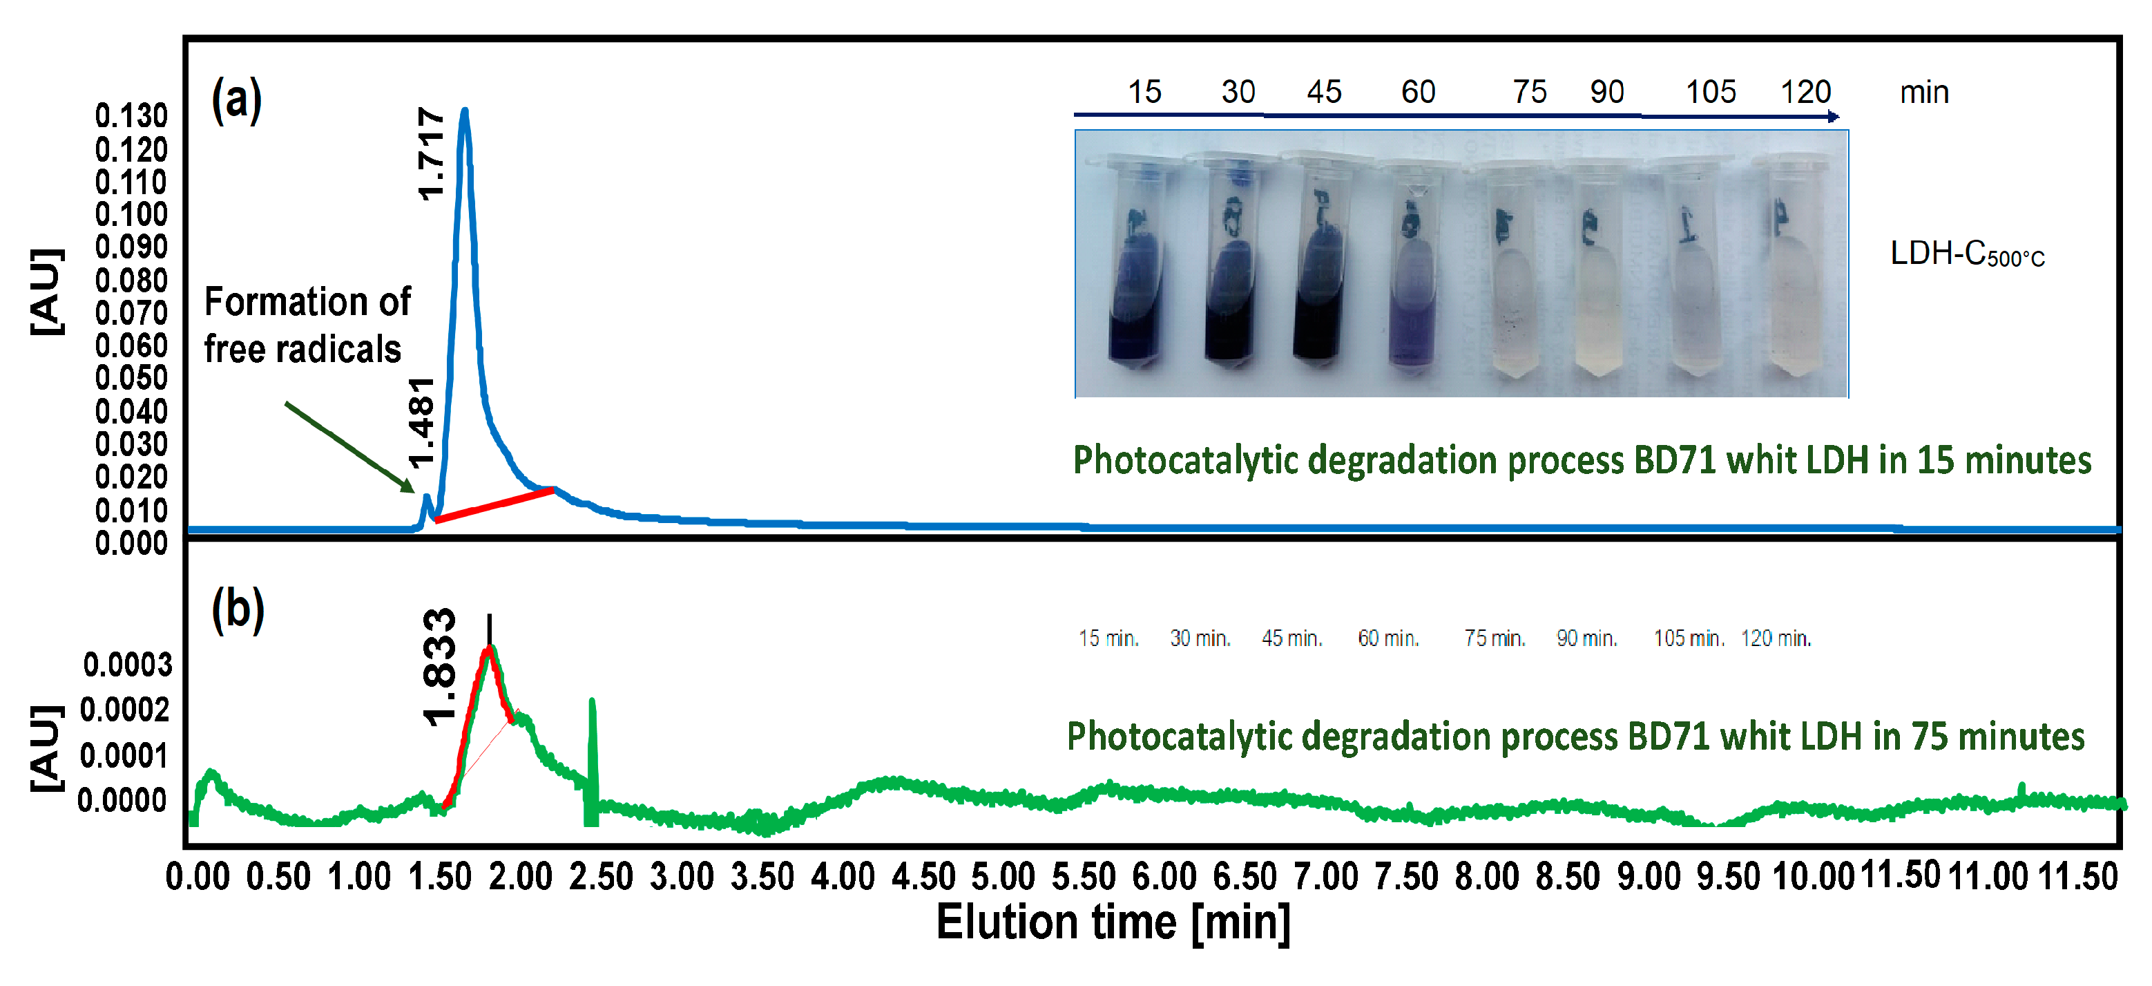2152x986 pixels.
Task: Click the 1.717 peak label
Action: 430,154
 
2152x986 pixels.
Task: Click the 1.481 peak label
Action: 422,422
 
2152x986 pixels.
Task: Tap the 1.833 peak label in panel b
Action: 439,667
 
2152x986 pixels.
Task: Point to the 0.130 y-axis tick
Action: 131,116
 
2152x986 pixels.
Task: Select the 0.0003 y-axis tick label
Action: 127,665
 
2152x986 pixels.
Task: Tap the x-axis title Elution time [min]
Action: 1113,923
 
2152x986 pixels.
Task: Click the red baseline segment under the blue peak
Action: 494,504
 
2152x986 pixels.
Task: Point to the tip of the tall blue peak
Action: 465,111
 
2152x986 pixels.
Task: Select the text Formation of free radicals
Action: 307,325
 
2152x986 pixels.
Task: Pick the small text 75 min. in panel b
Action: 1494,638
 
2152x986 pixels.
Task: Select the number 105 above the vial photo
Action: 1710,92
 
